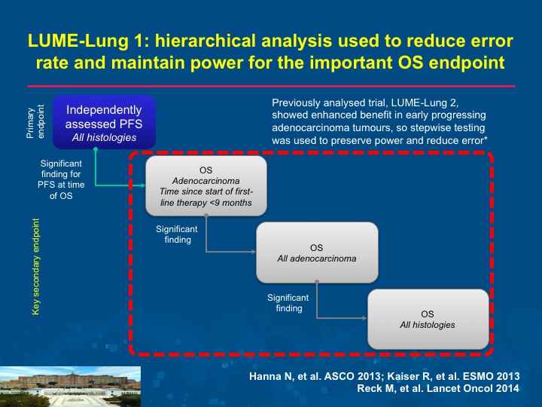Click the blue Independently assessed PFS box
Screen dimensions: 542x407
tap(104, 122)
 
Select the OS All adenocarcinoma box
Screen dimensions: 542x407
tap(317, 252)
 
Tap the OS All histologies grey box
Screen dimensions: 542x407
tap(428, 319)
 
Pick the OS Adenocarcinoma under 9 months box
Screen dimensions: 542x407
tap(206, 186)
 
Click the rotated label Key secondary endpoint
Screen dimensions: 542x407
tap(35, 267)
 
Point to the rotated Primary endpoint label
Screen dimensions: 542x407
tap(35, 122)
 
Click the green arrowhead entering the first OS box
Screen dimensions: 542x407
tap(142, 185)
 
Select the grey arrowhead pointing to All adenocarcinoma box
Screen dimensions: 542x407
tap(254, 252)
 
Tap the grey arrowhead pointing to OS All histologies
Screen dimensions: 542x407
tap(364, 318)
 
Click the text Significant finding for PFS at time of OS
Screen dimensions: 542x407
tap(61, 179)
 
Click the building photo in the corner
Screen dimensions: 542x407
tap(70, 387)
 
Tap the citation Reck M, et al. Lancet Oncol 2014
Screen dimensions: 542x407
tap(438, 388)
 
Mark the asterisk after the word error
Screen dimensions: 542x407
tap(486, 139)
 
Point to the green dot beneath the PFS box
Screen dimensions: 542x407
tap(96, 149)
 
